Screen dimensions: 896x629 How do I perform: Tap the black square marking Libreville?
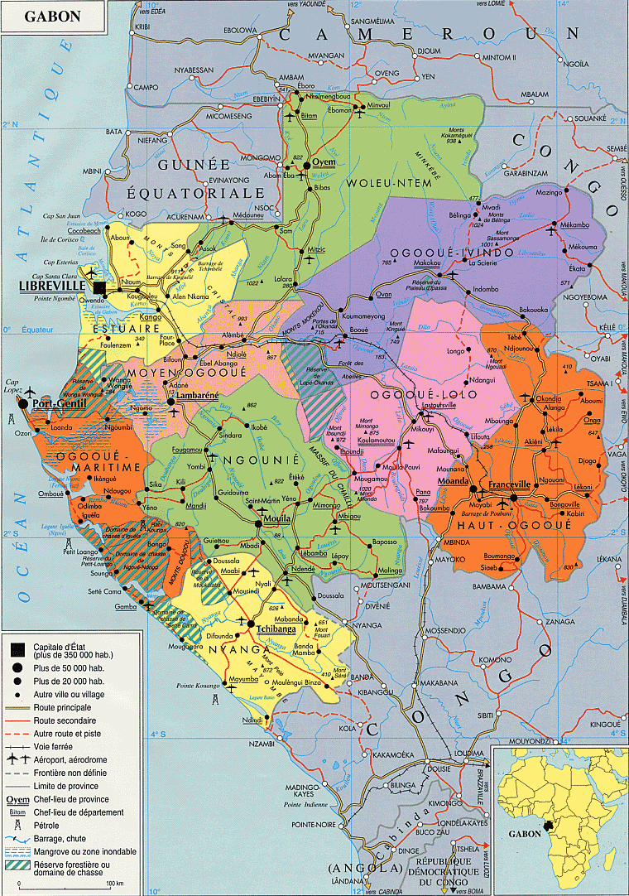point(100,287)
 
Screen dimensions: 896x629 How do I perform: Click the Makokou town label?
point(426,263)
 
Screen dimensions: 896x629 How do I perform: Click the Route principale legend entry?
point(62,708)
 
